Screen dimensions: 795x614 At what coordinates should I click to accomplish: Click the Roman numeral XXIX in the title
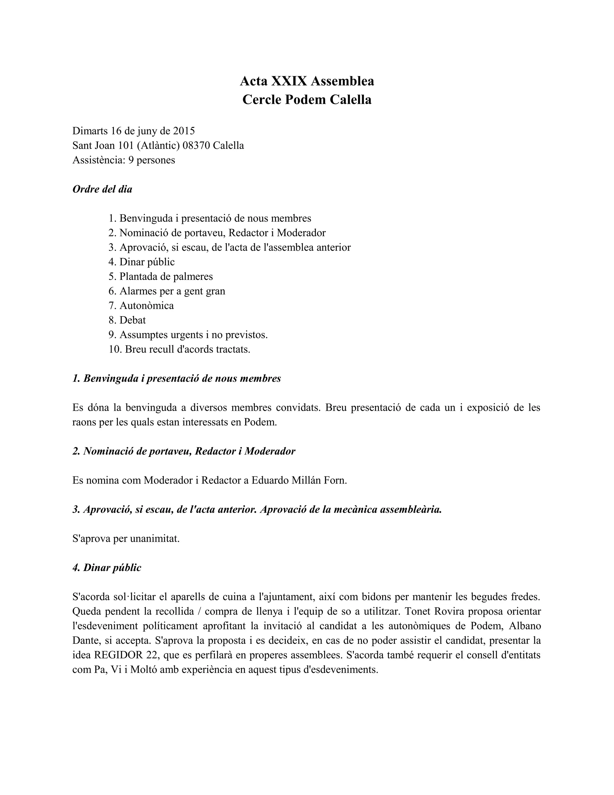(289, 81)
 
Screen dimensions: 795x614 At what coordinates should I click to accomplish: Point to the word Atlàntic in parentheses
(159, 145)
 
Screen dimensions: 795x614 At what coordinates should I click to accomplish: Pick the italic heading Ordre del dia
(102, 189)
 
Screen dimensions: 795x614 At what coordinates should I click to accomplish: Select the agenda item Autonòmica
(147, 306)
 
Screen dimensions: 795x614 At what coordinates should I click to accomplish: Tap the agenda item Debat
(133, 320)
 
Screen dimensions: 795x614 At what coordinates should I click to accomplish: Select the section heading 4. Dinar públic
(107, 568)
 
